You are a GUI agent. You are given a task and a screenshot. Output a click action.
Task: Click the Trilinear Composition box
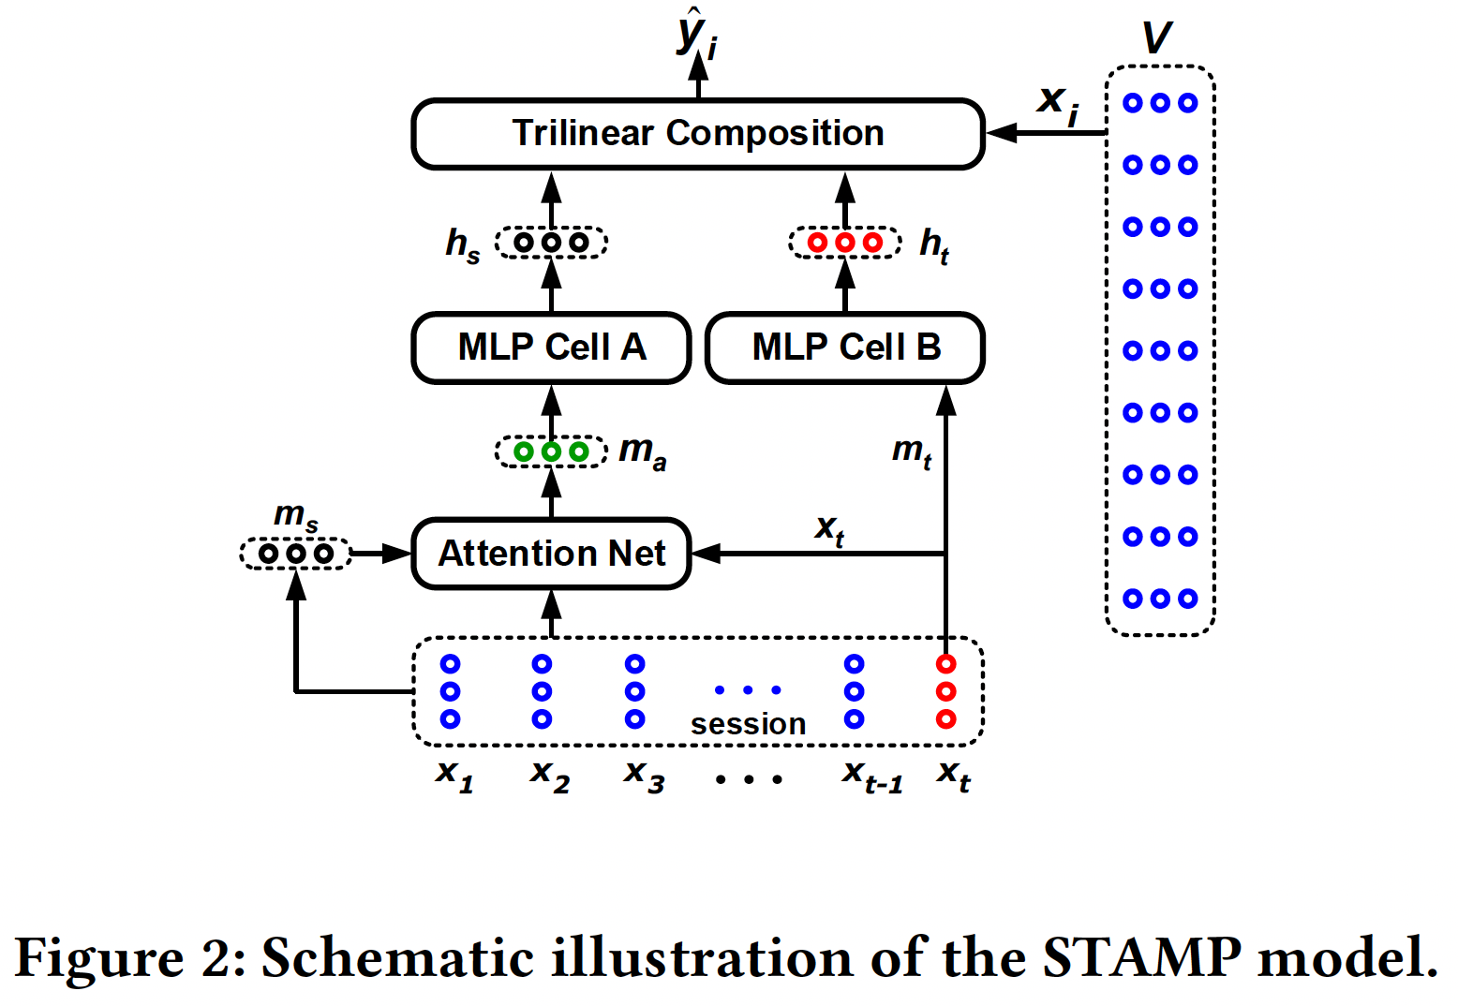pyautogui.click(x=698, y=134)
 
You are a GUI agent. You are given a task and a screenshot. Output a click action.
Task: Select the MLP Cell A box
pyautogui.click(x=551, y=348)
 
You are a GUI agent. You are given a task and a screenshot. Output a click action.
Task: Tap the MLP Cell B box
pyautogui.click(x=845, y=348)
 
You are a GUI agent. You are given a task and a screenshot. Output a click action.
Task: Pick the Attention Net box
pyautogui.click(x=551, y=554)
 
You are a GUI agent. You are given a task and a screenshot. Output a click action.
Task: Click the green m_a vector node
pyautogui.click(x=551, y=452)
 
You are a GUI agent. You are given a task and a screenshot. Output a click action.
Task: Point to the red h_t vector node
pyautogui.click(x=845, y=243)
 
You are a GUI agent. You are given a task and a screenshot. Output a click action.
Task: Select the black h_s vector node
pyautogui.click(x=551, y=243)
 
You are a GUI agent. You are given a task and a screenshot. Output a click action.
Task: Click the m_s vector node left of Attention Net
pyautogui.click(x=296, y=554)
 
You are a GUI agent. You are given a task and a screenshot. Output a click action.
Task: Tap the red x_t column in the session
pyautogui.click(x=946, y=691)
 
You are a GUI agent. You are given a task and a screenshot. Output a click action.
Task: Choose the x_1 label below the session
pyautogui.click(x=454, y=776)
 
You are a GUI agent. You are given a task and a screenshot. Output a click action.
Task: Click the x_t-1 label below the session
pyautogui.click(x=871, y=776)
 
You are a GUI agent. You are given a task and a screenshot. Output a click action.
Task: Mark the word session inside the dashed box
pyautogui.click(x=748, y=724)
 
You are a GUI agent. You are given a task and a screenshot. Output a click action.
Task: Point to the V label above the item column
pyautogui.click(x=1158, y=37)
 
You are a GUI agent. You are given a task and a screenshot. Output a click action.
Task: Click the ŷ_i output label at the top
pyautogui.click(x=696, y=36)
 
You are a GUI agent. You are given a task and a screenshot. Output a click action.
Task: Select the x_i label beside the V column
pyautogui.click(x=1057, y=103)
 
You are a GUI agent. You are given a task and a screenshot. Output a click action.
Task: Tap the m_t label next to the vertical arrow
pyautogui.click(x=911, y=451)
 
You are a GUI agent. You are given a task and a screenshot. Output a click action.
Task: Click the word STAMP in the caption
pyautogui.click(x=1141, y=957)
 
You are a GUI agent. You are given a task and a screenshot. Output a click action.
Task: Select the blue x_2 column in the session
pyautogui.click(x=542, y=691)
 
